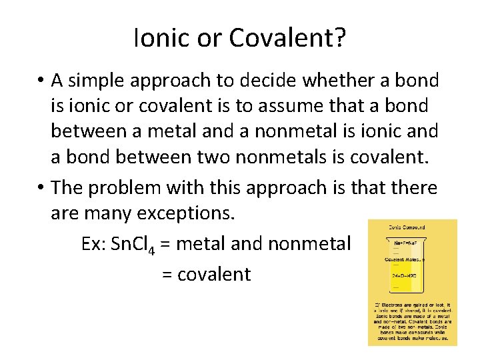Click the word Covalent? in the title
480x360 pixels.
tap(287, 39)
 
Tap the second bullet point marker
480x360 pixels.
tap(41, 189)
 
